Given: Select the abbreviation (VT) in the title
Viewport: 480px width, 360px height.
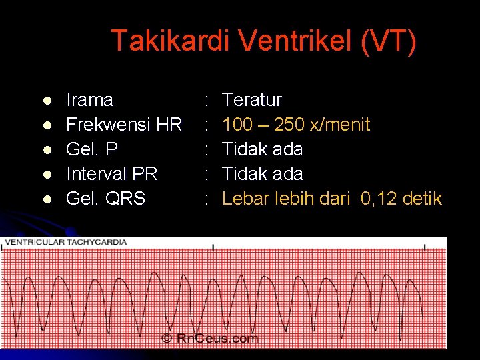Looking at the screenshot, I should click(x=389, y=41).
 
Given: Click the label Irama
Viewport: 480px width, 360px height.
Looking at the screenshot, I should click(x=90, y=101).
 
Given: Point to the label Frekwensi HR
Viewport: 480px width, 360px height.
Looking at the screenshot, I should click(x=124, y=125).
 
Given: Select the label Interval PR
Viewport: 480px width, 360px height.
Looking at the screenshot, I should click(x=112, y=174).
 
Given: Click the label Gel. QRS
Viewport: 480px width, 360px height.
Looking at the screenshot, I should click(x=105, y=199).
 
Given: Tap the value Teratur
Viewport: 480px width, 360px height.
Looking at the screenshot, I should click(x=252, y=101).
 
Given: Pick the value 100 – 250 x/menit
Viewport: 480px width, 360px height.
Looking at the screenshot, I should click(x=296, y=125).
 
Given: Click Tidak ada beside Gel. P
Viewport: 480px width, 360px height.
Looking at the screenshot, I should click(x=262, y=149).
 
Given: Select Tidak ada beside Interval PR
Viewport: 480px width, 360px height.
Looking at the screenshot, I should click(x=262, y=174).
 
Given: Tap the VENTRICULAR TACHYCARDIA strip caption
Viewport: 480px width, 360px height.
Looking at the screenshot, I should click(x=65, y=241).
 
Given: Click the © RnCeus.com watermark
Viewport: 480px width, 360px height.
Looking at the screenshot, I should click(x=210, y=339).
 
